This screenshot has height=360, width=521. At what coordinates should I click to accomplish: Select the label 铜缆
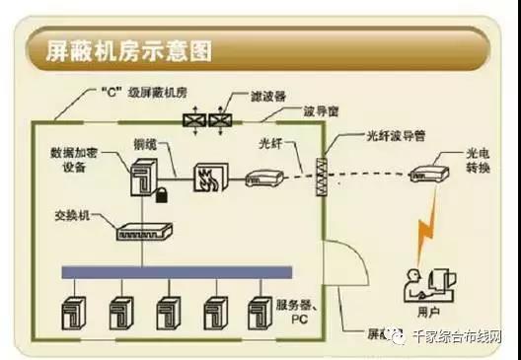click(x=145, y=143)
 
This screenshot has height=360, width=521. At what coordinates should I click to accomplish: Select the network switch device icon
click(x=144, y=233)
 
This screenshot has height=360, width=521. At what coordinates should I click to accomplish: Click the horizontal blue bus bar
click(x=177, y=271)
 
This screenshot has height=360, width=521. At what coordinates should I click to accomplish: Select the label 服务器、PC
click(x=299, y=315)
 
